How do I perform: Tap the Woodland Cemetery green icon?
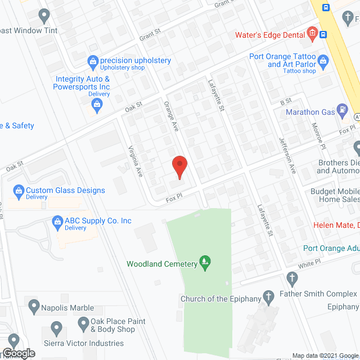click(205, 262)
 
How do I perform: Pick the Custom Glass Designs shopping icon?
click(19, 191)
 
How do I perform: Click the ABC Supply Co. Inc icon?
click(57, 221)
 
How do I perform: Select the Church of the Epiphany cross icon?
click(269, 295)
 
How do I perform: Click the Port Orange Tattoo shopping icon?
click(323, 60)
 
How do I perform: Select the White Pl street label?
click(309, 263)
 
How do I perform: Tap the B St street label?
click(286, 101)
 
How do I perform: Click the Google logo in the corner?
click(18, 353)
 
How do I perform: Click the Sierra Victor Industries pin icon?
click(56, 327)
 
